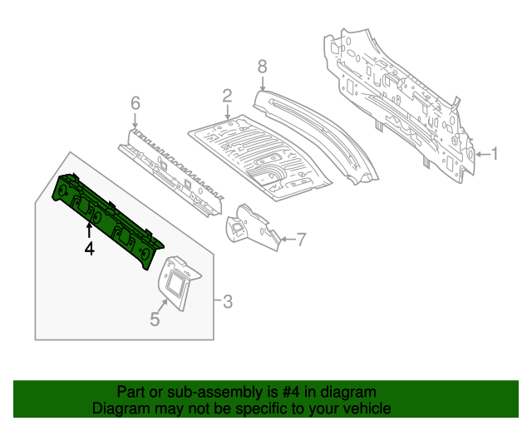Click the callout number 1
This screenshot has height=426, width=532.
[x=495, y=153]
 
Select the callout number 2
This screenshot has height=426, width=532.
[x=226, y=97]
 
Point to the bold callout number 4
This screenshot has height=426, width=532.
[x=89, y=247]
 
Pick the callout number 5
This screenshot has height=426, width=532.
[x=155, y=318]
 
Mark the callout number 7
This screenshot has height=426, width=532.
[x=302, y=240]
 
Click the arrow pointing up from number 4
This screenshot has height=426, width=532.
[x=89, y=228]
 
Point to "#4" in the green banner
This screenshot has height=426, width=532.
[x=285, y=392]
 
